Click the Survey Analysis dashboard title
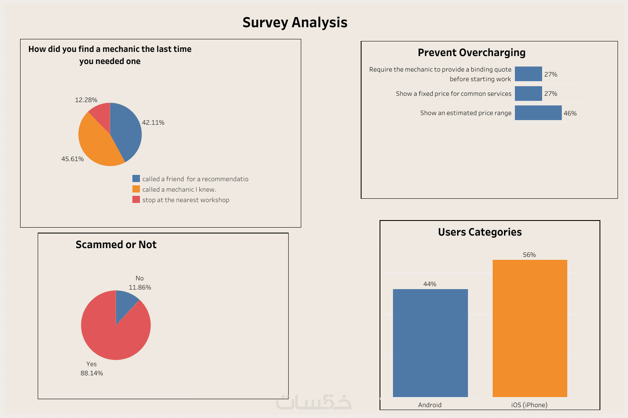point(295,22)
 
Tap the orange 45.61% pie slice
point(98,144)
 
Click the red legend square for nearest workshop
point(136,200)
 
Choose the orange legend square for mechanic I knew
point(136,189)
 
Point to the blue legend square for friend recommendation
point(136,179)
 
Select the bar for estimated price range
point(538,113)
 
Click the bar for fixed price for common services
point(528,94)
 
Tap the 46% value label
point(570,113)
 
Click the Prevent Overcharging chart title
point(471,53)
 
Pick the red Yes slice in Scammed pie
point(113,335)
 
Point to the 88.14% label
point(92,373)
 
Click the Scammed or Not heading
point(116,245)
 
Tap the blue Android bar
point(430,343)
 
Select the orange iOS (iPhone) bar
point(530,328)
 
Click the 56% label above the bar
point(529,255)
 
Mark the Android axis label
point(430,405)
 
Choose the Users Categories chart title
point(480,232)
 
